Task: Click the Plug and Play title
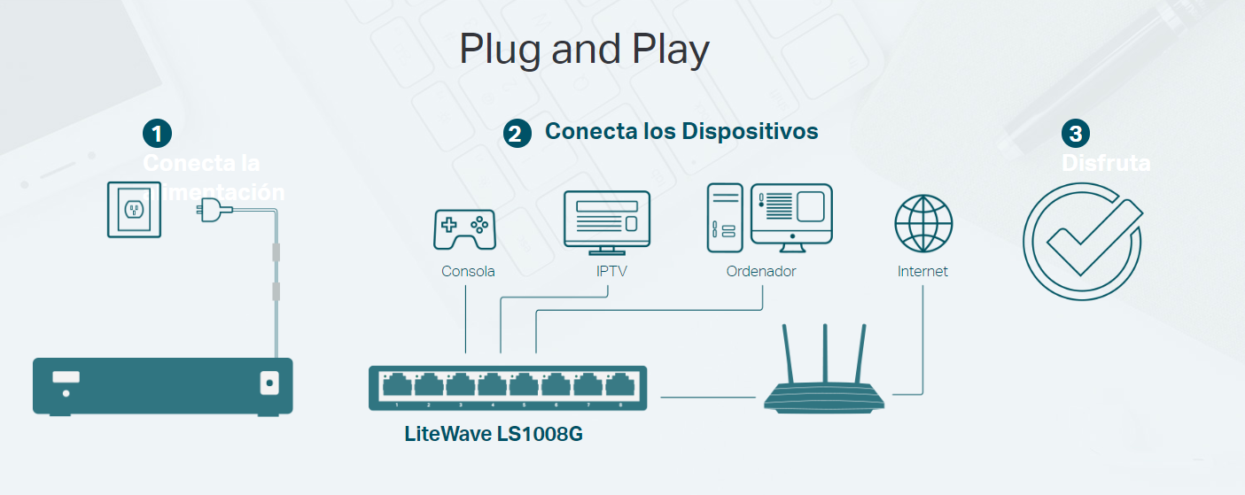584,50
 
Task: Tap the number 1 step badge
157,134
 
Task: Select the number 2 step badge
517,134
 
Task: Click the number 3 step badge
1075,134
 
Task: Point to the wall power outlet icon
134,209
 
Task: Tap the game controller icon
464,229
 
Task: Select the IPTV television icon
607,222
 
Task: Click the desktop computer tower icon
724,218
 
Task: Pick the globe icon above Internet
923,224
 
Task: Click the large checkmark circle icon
1083,241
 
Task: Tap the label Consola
468,272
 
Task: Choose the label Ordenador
761,272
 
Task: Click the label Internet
922,272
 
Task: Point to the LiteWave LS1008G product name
494,436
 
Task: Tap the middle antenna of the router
825,353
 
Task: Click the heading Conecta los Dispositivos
681,131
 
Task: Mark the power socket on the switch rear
268,383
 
